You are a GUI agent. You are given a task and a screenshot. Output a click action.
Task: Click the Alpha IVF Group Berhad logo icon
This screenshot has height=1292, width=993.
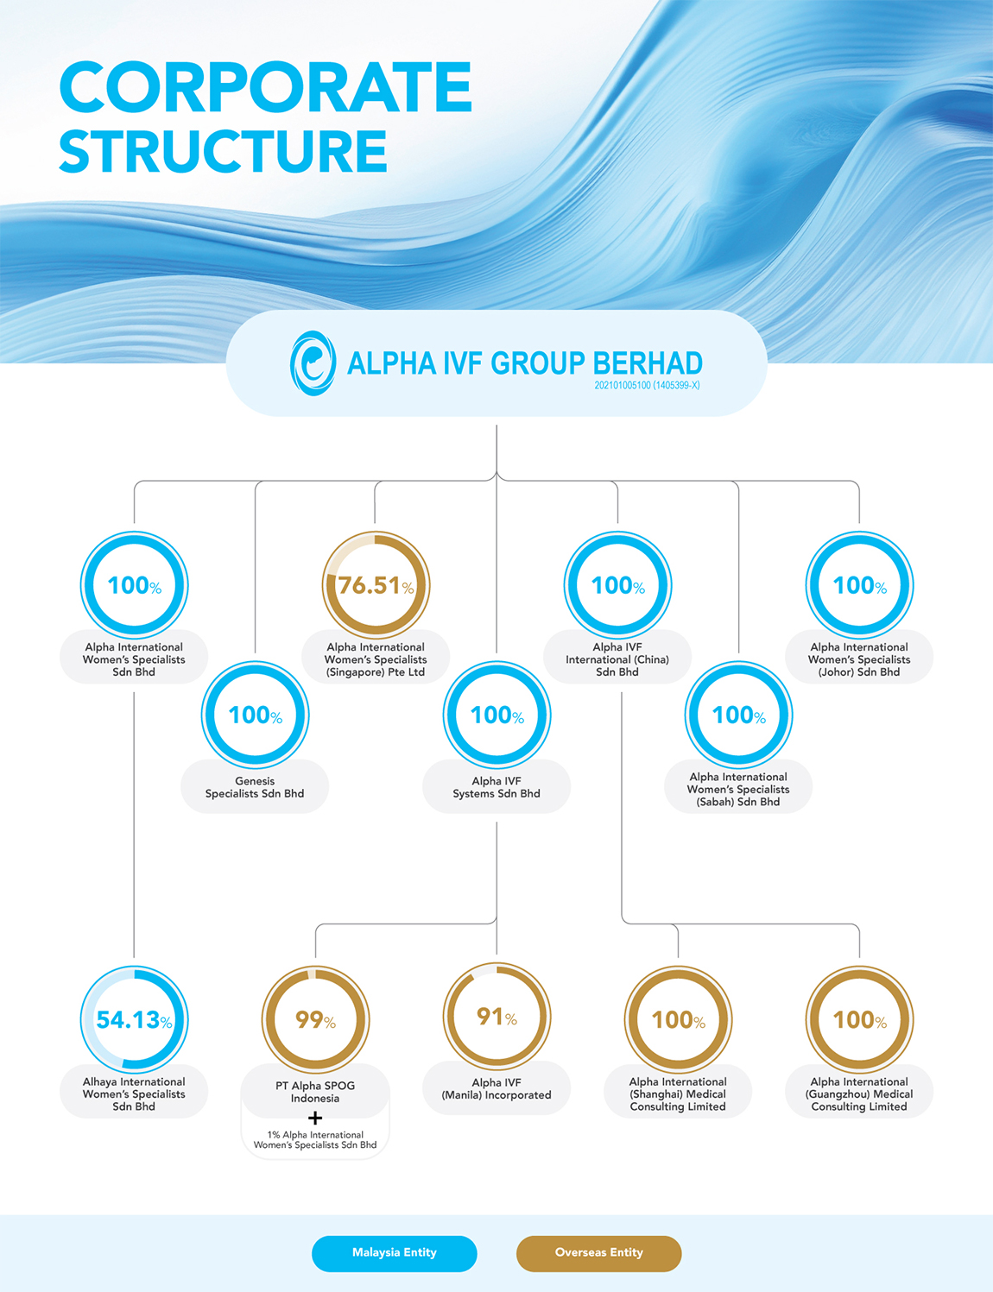click(313, 363)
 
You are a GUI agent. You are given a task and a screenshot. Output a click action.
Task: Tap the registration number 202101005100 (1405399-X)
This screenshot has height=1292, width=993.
click(647, 385)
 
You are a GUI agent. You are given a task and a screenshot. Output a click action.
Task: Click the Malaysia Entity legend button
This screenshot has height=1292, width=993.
click(395, 1252)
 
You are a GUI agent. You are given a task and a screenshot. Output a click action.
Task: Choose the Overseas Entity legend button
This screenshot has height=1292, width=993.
click(598, 1252)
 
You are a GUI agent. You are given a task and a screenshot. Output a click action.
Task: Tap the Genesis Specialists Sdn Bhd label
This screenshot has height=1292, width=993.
click(255, 787)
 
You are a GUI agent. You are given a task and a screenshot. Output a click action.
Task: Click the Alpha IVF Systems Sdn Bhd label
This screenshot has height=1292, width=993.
click(496, 787)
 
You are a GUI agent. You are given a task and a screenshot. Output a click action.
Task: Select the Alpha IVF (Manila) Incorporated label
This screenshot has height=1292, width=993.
click(496, 1088)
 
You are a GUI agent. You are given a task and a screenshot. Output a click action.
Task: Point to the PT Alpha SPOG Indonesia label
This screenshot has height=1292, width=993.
click(315, 1092)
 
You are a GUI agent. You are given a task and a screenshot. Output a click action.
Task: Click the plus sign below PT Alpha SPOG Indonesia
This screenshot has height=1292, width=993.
click(315, 1119)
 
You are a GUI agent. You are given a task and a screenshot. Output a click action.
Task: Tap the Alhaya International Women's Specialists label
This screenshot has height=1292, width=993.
click(134, 1094)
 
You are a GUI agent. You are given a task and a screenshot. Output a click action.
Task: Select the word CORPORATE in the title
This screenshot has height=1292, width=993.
click(266, 87)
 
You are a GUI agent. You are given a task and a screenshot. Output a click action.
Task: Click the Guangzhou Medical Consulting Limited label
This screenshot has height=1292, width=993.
click(859, 1094)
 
